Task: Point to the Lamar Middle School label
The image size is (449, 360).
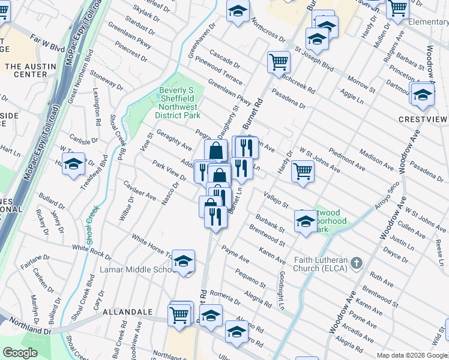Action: click(x=140, y=269)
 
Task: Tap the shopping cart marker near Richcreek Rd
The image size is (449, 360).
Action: click(x=279, y=62)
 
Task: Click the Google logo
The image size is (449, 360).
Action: click(x=20, y=353)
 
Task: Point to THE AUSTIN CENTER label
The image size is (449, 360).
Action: click(x=26, y=70)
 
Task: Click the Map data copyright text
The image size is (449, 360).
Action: click(x=411, y=355)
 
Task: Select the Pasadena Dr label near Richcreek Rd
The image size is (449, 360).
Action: click(x=288, y=99)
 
